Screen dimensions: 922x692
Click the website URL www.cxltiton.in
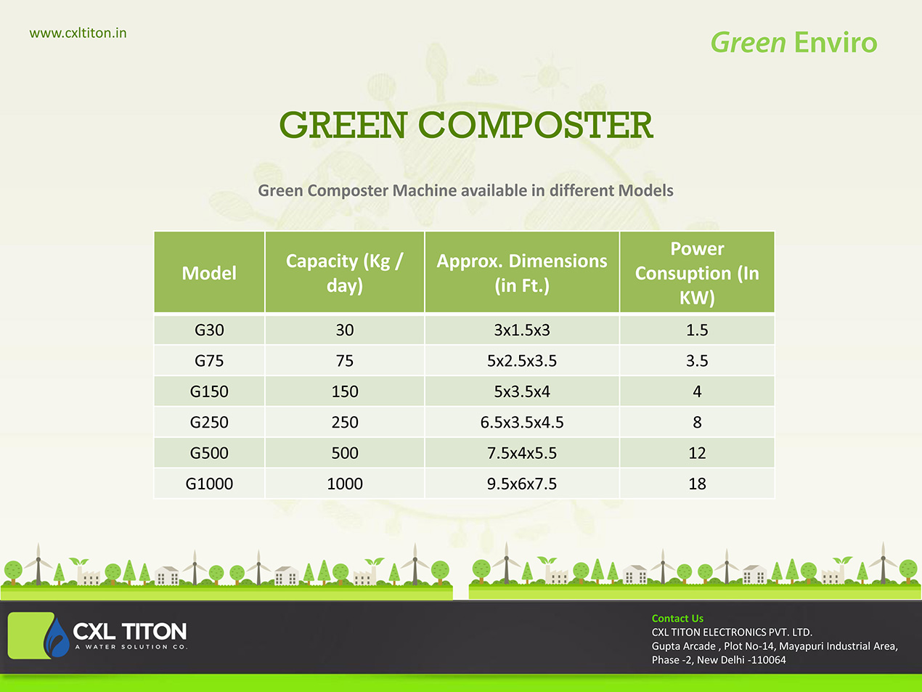[x=78, y=33]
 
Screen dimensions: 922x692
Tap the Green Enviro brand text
[x=794, y=43]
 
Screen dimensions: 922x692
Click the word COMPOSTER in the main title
[x=535, y=125]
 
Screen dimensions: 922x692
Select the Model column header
[x=209, y=273]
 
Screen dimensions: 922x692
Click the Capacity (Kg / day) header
[x=344, y=273]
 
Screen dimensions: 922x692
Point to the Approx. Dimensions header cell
[x=522, y=273]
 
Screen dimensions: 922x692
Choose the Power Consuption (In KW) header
[x=697, y=273]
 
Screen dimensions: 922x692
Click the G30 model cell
[x=209, y=330]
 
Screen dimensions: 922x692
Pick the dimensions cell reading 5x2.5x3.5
[x=522, y=361]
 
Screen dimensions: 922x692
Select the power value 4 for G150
[x=697, y=391]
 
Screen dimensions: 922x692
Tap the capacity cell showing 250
[x=344, y=423]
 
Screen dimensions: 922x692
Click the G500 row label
[x=209, y=453]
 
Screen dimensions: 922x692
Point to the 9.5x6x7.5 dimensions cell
[x=522, y=484]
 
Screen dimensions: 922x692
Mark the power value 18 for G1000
[x=697, y=484]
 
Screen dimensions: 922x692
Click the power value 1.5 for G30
[x=697, y=330]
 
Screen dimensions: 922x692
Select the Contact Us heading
[x=677, y=618]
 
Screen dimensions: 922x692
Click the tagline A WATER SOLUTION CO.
[x=131, y=647]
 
